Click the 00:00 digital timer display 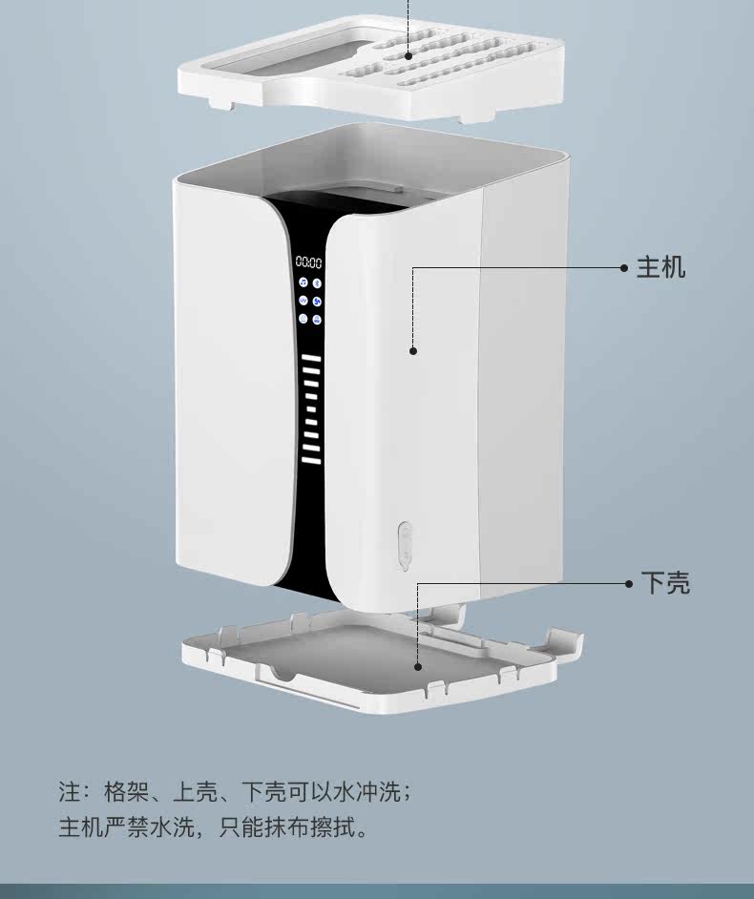[308, 262]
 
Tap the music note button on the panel [303, 282]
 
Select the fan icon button [317, 302]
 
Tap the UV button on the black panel [303, 301]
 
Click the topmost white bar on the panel [311, 359]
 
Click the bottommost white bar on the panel [311, 459]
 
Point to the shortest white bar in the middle [311, 408]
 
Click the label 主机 [660, 268]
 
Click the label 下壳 [665, 583]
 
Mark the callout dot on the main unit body [413, 351]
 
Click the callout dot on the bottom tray [418, 667]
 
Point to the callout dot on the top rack [408, 55]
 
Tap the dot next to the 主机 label [624, 268]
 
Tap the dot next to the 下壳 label [629, 584]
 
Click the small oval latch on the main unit [406, 546]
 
